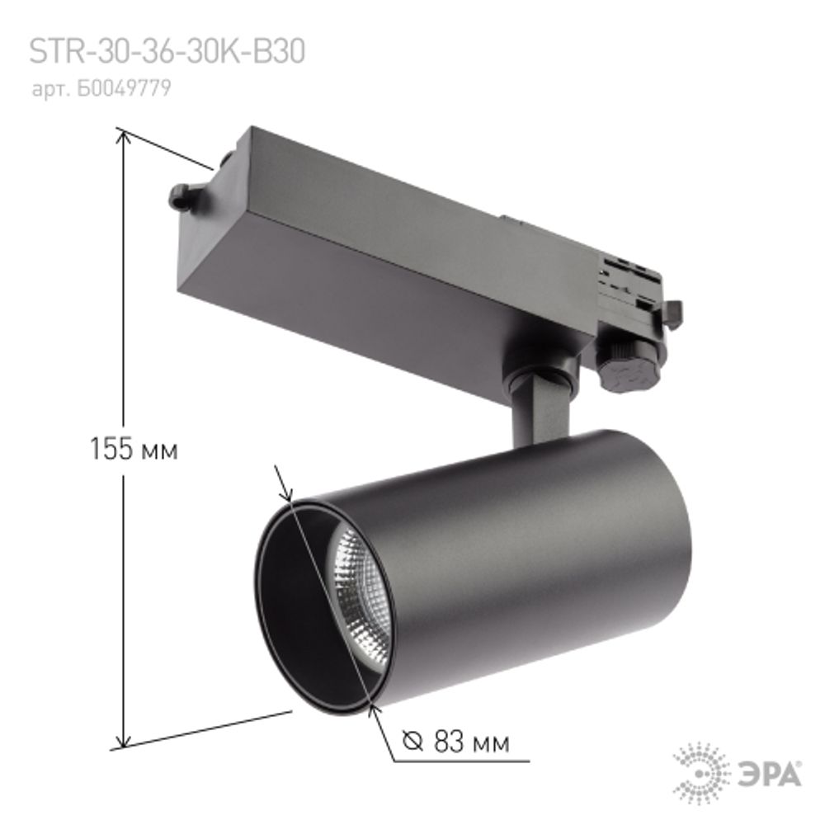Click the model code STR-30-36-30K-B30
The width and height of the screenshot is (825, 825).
pos(167,52)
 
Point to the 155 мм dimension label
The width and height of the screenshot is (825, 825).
pos(134,450)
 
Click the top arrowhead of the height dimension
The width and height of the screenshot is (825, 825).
pos(124,136)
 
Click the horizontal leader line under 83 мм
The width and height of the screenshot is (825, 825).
pos(462,761)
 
